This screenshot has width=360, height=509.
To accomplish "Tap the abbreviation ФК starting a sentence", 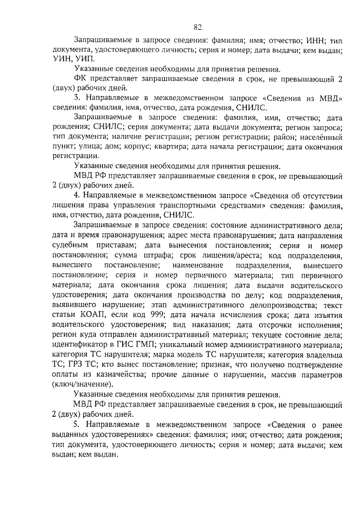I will pyautogui.click(x=82, y=78).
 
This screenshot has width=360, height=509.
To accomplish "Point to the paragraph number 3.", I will pyautogui.click(x=76, y=98).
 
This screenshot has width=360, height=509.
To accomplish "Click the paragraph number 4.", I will pyautogui.click(x=76, y=195).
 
